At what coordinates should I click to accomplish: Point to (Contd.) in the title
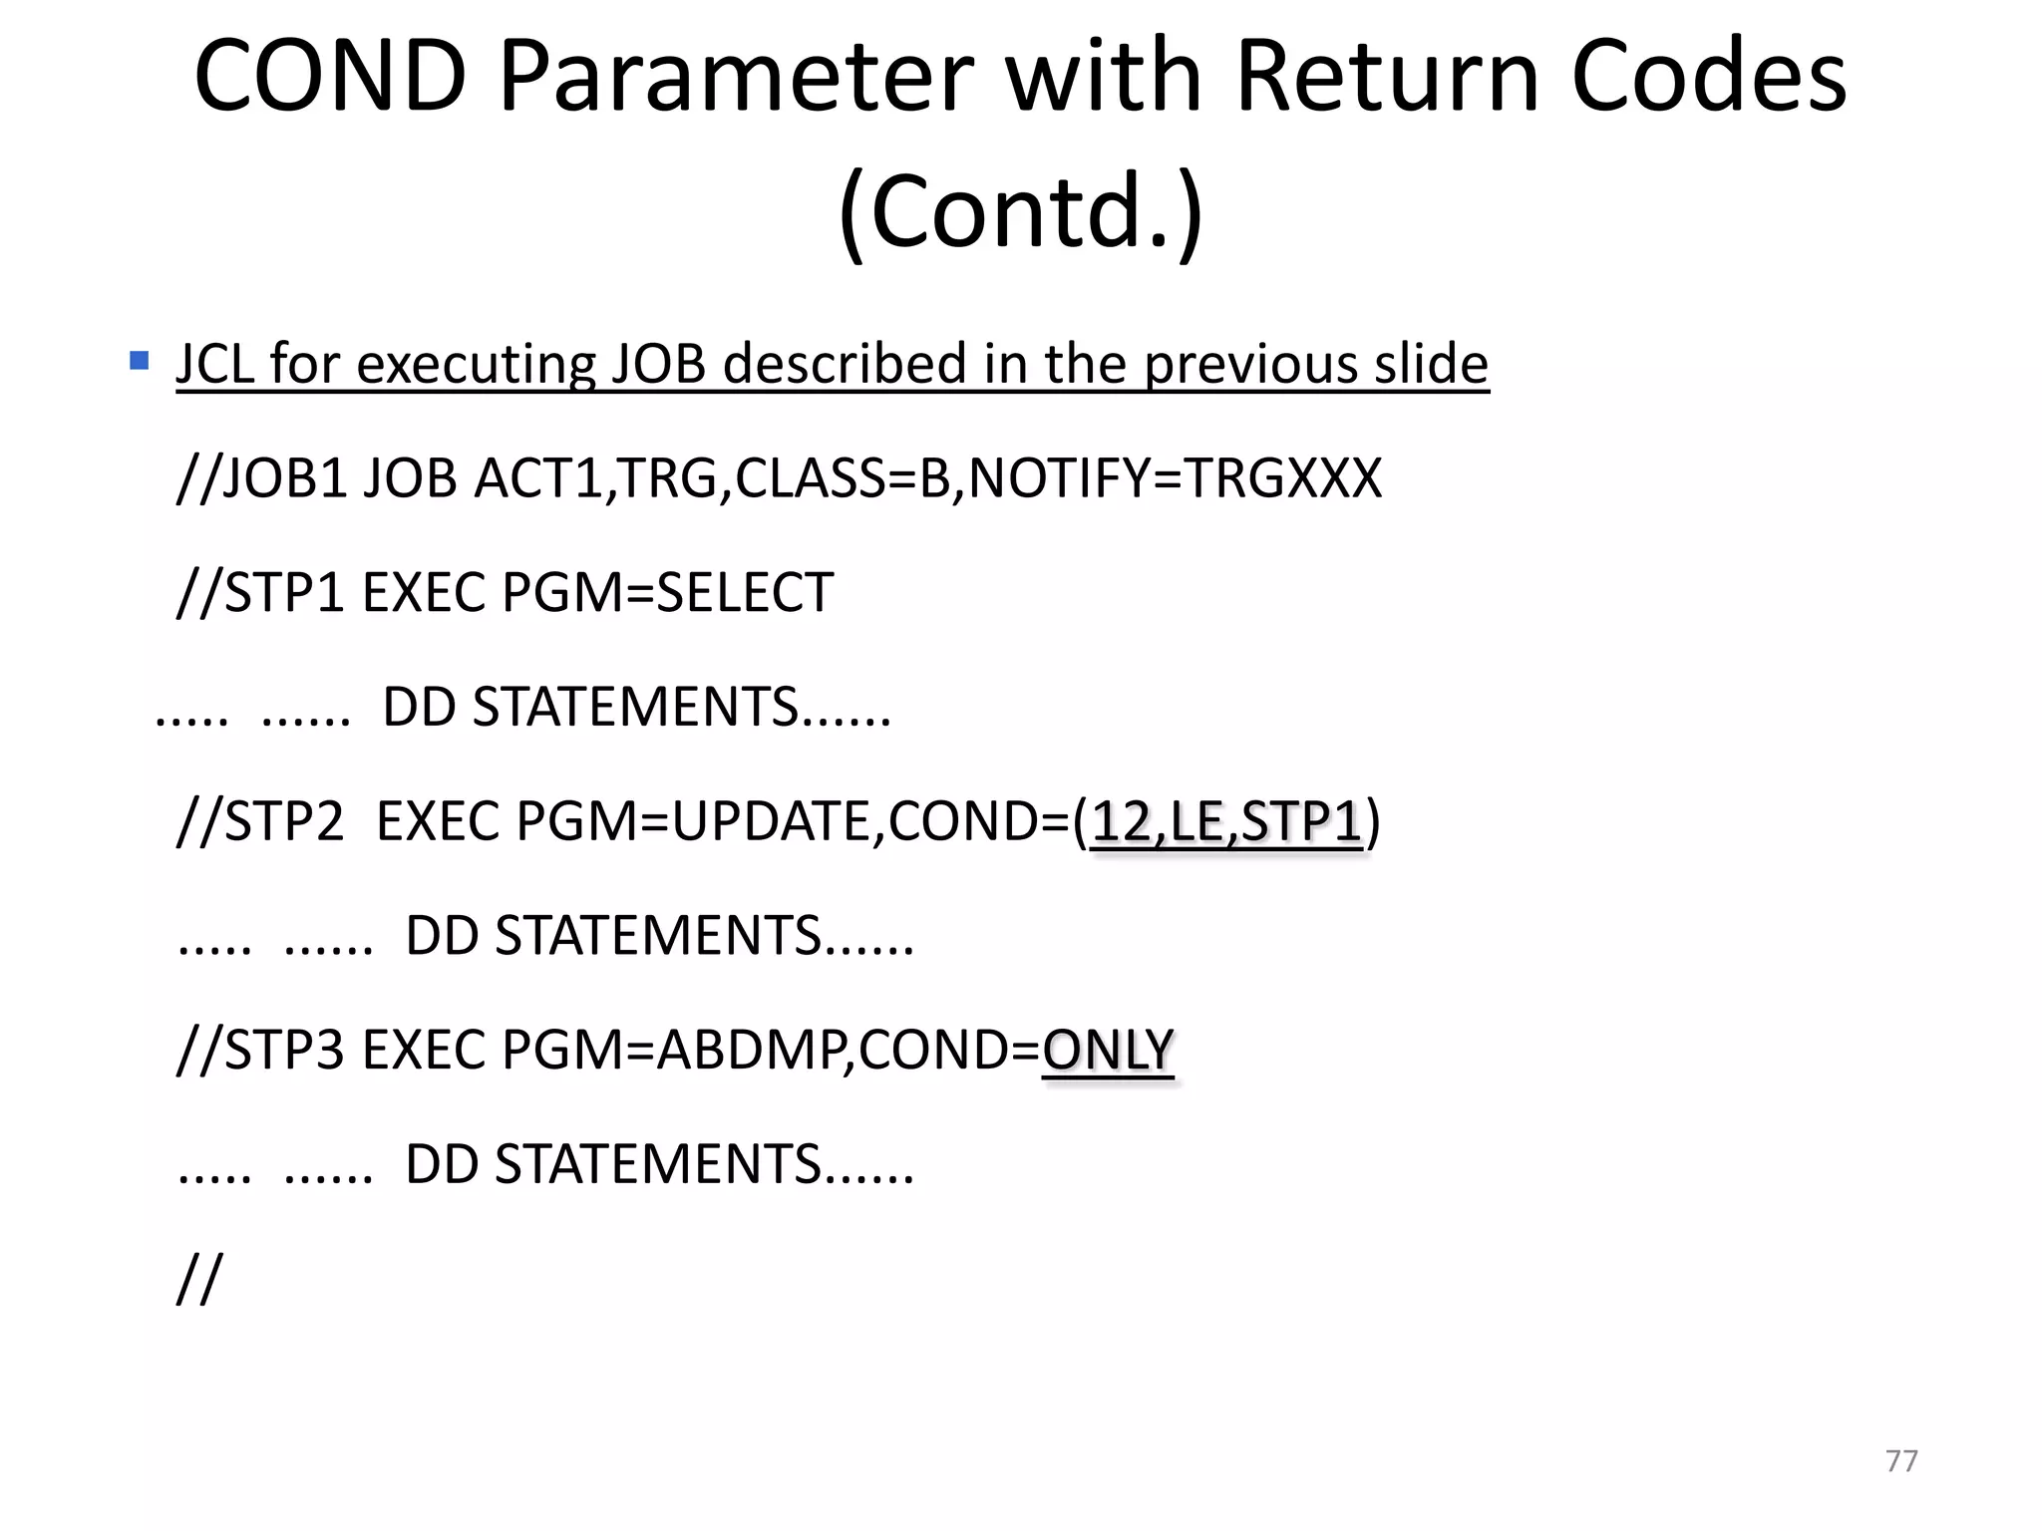[x=1021, y=211]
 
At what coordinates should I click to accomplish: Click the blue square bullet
[x=140, y=360]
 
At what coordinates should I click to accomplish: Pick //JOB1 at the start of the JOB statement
[x=260, y=478]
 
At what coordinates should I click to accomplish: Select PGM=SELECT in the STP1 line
[x=667, y=593]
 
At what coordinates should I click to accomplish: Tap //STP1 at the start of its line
[x=260, y=593]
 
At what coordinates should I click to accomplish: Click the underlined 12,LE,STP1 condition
[x=1226, y=822]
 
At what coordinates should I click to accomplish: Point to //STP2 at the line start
[x=260, y=822]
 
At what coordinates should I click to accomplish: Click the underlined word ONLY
[x=1108, y=1051]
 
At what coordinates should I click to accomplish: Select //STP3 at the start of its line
[x=260, y=1051]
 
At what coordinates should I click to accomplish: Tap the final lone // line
[x=199, y=1279]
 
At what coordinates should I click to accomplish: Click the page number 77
[x=1901, y=1461]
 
